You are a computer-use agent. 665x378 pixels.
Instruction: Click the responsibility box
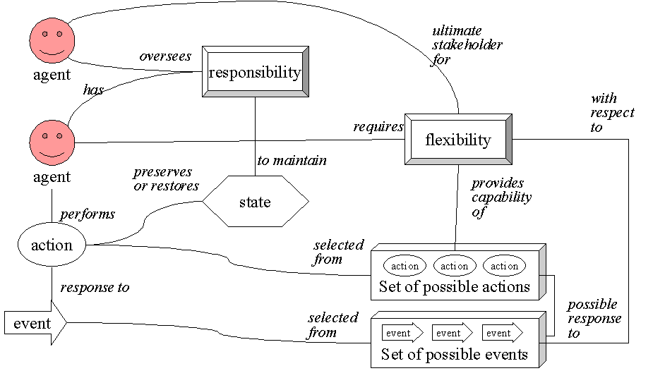(x=255, y=72)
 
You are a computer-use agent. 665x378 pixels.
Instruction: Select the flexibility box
(x=458, y=140)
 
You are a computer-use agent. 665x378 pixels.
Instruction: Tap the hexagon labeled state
(x=255, y=202)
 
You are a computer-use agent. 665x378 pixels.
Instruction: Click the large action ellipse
(x=52, y=245)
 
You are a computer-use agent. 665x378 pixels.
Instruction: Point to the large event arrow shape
(x=35, y=323)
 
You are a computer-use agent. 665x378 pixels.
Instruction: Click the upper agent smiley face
(x=50, y=42)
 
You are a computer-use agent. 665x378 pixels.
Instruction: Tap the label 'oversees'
(x=165, y=56)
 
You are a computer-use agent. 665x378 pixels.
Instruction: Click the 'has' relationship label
(x=93, y=90)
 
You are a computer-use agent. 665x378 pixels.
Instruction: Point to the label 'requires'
(x=378, y=127)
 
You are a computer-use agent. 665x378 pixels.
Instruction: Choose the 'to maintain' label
(x=292, y=161)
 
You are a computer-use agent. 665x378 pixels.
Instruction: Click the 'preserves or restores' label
(x=165, y=179)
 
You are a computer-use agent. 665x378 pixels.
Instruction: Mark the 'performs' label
(x=88, y=214)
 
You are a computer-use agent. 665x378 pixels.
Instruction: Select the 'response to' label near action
(x=95, y=288)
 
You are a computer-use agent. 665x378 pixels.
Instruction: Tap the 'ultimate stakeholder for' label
(x=467, y=45)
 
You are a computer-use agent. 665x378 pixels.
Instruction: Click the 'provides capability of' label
(x=501, y=197)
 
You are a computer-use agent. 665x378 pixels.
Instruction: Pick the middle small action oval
(x=454, y=266)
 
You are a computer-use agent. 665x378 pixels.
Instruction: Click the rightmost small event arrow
(x=502, y=333)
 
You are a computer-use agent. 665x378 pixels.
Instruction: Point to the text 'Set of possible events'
(x=454, y=355)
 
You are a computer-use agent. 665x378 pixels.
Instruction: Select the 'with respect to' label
(x=612, y=113)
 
